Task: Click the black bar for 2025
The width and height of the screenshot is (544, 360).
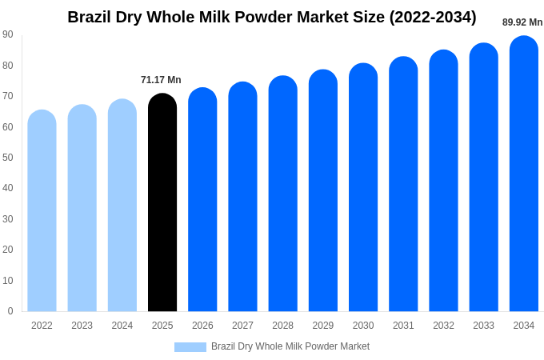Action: tap(162, 202)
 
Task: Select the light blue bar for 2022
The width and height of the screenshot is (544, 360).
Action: tap(42, 210)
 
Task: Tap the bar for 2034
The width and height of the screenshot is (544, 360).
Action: tap(524, 174)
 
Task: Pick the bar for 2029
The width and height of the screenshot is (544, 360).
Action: tap(323, 190)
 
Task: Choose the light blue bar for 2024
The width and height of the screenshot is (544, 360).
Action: tap(122, 205)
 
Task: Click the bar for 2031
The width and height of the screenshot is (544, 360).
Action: tap(403, 184)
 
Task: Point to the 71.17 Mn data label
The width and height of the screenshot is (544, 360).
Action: tap(161, 80)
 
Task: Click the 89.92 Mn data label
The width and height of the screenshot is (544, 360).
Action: tap(522, 22)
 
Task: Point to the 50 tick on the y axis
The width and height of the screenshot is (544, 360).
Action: tap(8, 158)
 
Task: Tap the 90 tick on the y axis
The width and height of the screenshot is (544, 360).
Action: tap(8, 34)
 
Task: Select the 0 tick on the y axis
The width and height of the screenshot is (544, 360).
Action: tap(10, 311)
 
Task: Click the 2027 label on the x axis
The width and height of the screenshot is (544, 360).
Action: tap(243, 326)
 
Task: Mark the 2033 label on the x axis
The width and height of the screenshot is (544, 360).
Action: tap(484, 326)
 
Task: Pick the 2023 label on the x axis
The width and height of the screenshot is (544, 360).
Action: tap(82, 326)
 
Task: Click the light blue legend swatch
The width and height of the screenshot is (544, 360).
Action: tap(190, 347)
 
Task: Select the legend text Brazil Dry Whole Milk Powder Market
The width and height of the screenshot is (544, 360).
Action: tap(290, 346)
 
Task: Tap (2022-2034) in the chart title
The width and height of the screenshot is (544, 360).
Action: tap(433, 18)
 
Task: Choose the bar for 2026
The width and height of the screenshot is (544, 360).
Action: tap(202, 199)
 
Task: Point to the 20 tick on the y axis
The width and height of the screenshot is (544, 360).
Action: tap(8, 250)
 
